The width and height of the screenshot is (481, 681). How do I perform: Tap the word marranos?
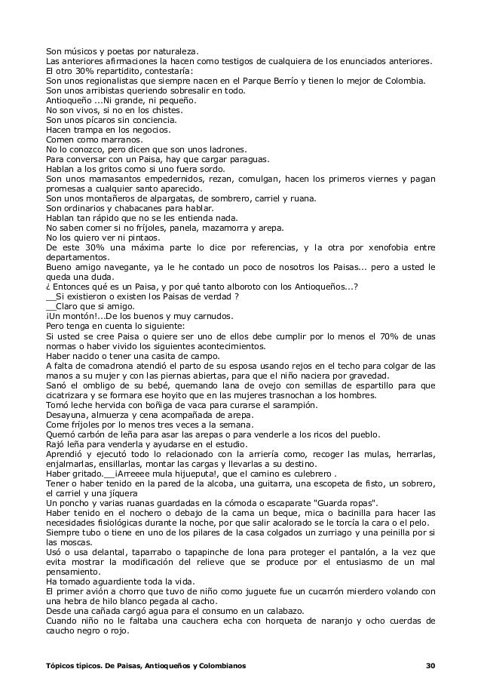115,140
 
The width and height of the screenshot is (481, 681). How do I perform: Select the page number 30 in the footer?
430,666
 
